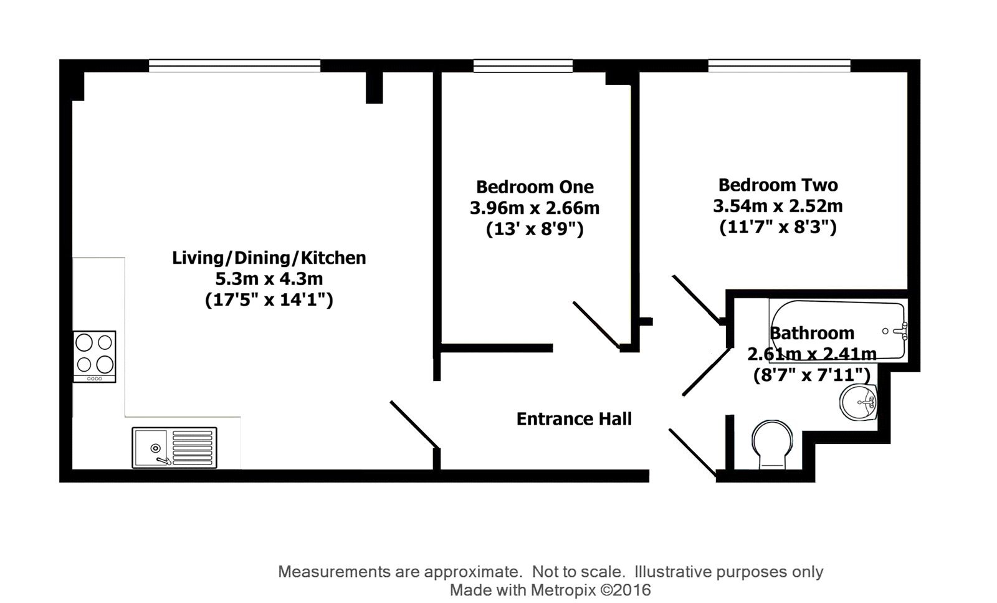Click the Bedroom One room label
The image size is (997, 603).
coord(535,186)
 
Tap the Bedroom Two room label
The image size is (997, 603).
coord(778,185)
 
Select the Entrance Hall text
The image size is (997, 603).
coord(574,418)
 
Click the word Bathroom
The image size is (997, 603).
coord(812,333)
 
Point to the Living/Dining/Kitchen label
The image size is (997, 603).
coord(269,258)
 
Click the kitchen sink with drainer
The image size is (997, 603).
coord(174,447)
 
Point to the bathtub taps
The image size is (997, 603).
coord(900,330)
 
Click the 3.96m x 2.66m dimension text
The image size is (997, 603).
coord(535,208)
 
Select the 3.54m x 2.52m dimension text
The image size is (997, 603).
coord(778,206)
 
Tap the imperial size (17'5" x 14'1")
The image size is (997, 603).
coord(269,300)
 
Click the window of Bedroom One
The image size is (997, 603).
coord(523,65)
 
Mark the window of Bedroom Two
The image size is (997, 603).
coord(779,65)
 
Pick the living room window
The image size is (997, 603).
coord(234,65)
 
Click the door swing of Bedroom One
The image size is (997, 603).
coord(596,325)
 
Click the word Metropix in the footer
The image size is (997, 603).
coord(561,589)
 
